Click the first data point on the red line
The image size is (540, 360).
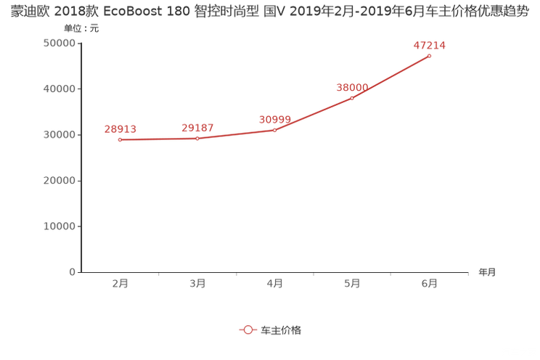pyautogui.click(x=120, y=139)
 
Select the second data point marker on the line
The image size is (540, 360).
pyautogui.click(x=197, y=139)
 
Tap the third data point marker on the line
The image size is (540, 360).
pyautogui.click(x=274, y=129)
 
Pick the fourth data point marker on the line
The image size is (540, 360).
pyautogui.click(x=353, y=97)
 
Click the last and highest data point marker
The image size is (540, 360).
pyautogui.click(x=430, y=55)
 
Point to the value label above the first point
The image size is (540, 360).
pyautogui.click(x=120, y=128)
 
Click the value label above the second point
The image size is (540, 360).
pyautogui.click(x=197, y=128)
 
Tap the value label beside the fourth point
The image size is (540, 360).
pyautogui.click(x=351, y=87)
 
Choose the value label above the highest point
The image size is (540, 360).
pyautogui.click(x=430, y=44)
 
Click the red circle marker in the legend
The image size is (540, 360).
pyautogui.click(x=248, y=330)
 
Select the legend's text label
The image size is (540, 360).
pyautogui.click(x=282, y=330)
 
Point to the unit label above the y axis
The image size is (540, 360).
pyautogui.click(x=77, y=29)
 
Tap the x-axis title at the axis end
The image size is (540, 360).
pyautogui.click(x=487, y=273)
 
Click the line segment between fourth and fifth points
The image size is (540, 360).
pyautogui.click(x=392, y=77)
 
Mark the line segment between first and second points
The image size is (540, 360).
pyautogui.click(x=158, y=139)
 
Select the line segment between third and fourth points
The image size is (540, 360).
pyautogui.click(x=314, y=114)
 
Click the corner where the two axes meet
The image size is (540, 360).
pyautogui.click(x=78, y=273)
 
